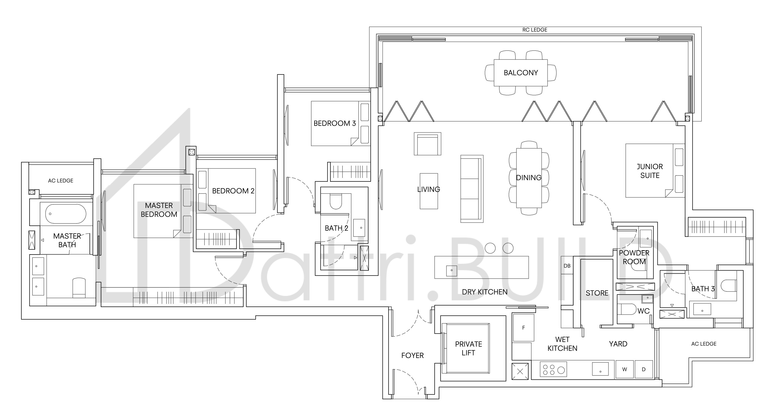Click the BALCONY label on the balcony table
click(521, 73)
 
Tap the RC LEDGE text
click(535, 30)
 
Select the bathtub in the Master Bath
click(66, 214)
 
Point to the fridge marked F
click(523, 327)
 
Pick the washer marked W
click(624, 369)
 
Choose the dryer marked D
click(644, 369)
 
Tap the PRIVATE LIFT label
click(468, 348)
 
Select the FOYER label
click(412, 355)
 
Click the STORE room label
click(597, 293)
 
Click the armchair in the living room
click(428, 144)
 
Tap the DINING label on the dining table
click(529, 178)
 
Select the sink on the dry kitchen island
click(451, 270)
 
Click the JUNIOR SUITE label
click(650, 171)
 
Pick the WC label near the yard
click(643, 311)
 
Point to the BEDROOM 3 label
click(335, 123)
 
